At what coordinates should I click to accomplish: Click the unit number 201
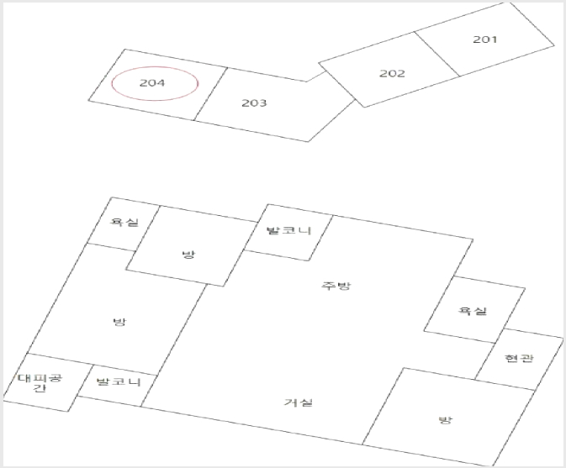tap(484, 39)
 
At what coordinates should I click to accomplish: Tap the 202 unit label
tap(392, 74)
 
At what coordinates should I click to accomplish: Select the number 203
tap(254, 103)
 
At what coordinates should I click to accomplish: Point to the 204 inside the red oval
tap(152, 83)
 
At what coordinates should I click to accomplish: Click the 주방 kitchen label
tap(336, 286)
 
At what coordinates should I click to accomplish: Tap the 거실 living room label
tap(298, 402)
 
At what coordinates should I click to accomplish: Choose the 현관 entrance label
tap(518, 358)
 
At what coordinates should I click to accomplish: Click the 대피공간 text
tap(40, 383)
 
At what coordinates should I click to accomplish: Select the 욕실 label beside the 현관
tap(473, 310)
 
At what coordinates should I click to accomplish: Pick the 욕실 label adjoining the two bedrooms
tap(124, 222)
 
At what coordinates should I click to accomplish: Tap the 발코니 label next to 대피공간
tap(119, 381)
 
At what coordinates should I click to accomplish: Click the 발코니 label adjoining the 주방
tap(288, 230)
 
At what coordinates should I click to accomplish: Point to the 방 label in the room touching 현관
tap(445, 420)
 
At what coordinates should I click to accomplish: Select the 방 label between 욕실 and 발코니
tap(188, 255)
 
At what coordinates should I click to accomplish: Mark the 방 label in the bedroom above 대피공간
tap(119, 322)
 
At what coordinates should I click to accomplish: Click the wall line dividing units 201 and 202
tap(436, 54)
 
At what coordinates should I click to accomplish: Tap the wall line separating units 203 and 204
tap(211, 94)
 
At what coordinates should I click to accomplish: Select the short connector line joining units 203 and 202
tap(316, 76)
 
